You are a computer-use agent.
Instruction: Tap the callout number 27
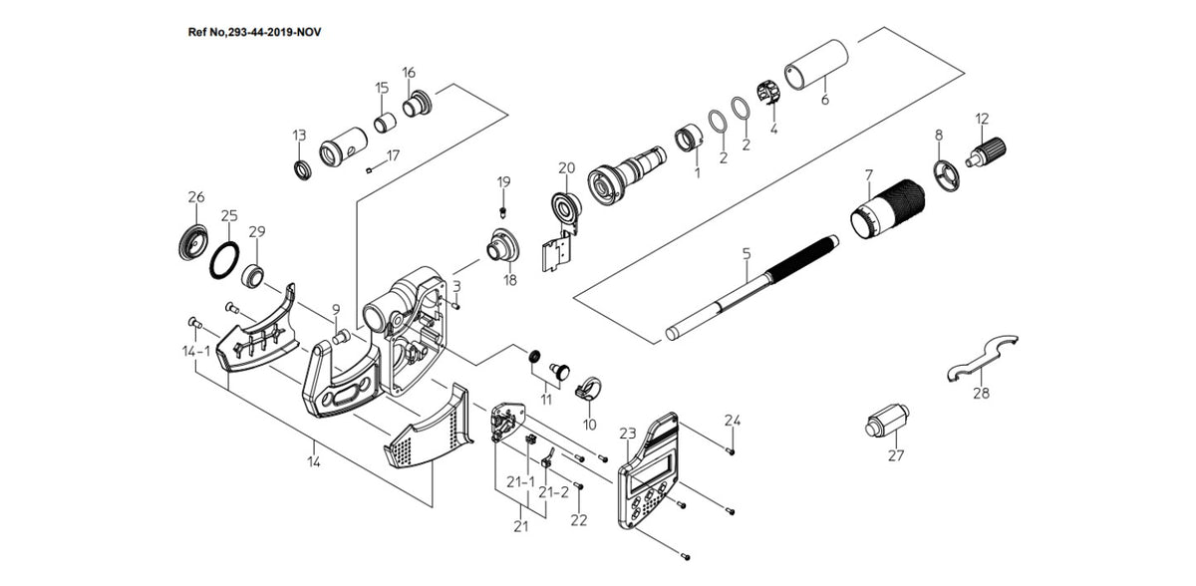(896, 455)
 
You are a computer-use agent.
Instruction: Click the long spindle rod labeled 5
(751, 288)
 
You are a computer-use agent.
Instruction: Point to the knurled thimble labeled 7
(887, 209)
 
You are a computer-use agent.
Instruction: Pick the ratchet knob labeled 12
(986, 152)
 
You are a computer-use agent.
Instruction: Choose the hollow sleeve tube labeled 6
(816, 65)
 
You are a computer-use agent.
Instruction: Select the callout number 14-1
(196, 351)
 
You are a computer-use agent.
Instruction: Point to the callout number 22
(579, 520)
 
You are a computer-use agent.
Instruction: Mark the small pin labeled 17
(369, 170)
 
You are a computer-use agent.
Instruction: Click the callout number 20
(566, 168)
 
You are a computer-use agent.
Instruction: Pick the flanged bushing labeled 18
(502, 245)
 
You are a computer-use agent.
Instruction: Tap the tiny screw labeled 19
(502, 211)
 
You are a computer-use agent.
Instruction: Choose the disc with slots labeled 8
(947, 176)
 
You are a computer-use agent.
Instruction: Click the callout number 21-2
(554, 492)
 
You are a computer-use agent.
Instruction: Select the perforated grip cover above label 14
(428, 427)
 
